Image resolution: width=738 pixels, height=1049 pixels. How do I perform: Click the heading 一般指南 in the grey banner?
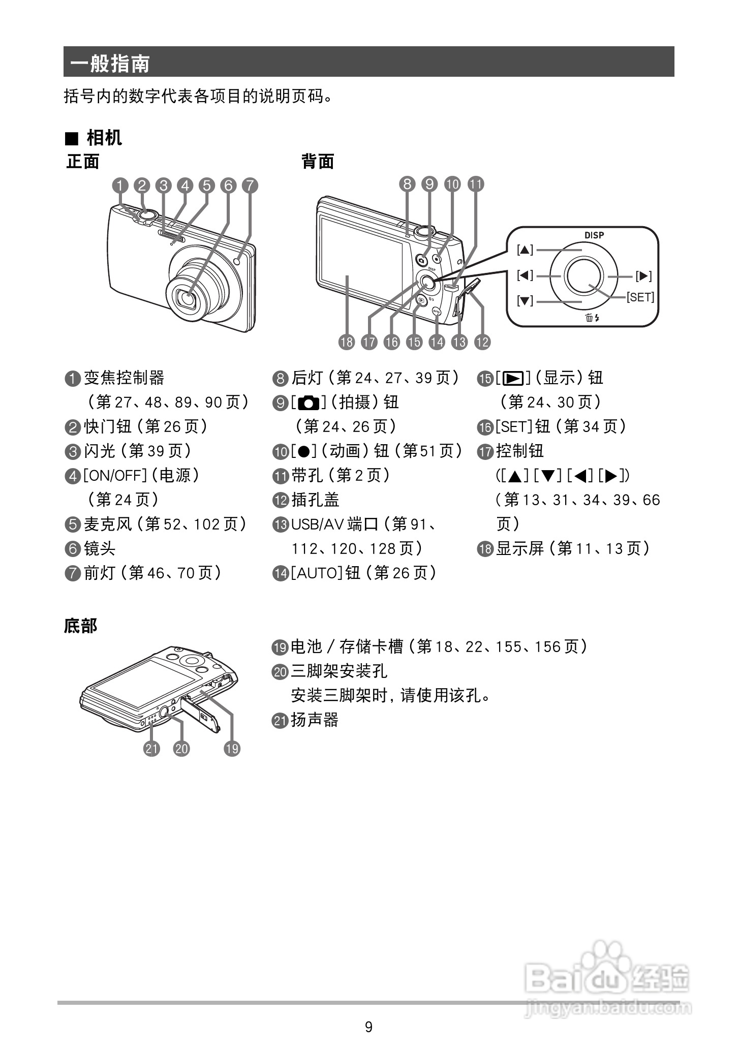pos(110,64)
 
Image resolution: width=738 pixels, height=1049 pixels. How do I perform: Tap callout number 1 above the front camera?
pos(120,186)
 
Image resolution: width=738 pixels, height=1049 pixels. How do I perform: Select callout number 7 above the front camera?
pos(250,186)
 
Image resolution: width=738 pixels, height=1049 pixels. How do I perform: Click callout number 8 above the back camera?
pos(407,184)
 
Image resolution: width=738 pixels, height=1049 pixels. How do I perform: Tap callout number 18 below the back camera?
pos(347,342)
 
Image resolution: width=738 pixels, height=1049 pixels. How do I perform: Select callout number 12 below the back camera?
pos(482,342)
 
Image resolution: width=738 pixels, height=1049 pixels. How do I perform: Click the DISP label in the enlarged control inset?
pos(594,235)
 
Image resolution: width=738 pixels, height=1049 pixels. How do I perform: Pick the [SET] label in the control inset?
pos(640,297)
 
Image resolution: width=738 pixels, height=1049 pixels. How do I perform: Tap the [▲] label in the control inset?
pos(525,250)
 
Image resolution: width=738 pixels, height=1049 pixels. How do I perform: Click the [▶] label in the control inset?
pos(643,276)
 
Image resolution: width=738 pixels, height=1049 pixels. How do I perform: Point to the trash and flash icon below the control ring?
pos(592,318)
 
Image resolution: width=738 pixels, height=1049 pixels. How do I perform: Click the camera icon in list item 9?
pos(309,403)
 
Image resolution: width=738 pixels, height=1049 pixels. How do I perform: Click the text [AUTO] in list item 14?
pos(317,573)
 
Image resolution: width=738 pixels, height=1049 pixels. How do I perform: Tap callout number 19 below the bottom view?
pos(232,748)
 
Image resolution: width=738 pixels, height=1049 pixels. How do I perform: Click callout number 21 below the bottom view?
pos(151,748)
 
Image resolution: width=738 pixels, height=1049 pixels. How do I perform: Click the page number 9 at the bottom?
pos(368,1027)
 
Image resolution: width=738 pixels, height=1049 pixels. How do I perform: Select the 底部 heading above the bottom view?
pos(80,626)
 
